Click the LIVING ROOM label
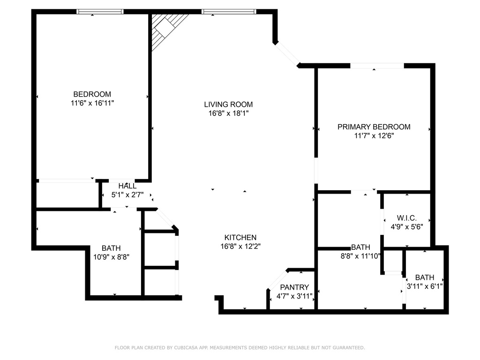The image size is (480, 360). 228,105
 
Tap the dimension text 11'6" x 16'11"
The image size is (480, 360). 92,103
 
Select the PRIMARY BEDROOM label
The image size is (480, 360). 374,127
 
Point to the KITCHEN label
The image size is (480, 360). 240,237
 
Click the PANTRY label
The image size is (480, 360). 294,287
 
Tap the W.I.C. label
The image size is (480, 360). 407,218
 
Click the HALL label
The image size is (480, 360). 127,186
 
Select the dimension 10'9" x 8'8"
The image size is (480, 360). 111,257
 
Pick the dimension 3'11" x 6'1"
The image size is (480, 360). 425,286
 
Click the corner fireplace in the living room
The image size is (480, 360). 165,29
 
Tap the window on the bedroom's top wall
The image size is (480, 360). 100,12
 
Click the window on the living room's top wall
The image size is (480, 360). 229,12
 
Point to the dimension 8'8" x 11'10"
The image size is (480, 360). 360,256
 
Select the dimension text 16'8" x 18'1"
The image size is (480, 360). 228,113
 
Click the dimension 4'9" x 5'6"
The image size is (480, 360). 407,227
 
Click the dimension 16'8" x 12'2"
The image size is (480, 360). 240,246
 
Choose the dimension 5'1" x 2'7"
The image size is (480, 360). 127,195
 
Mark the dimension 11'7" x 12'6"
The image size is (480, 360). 374,135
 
